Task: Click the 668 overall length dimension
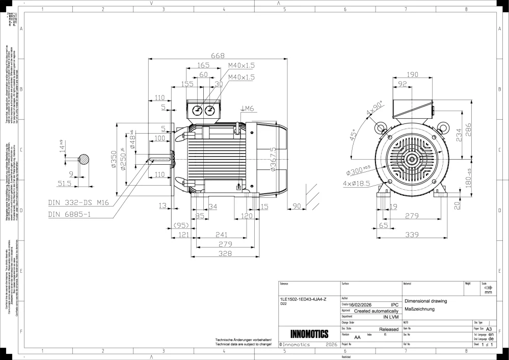218,56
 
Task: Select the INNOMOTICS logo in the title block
309,334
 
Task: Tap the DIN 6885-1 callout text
69,215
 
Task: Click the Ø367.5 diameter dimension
273,160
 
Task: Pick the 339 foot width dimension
412,235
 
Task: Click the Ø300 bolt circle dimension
361,170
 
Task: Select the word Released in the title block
389,330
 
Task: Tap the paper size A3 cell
489,329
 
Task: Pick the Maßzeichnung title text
419,309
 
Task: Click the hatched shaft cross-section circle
84,159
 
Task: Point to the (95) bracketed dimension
181,225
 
